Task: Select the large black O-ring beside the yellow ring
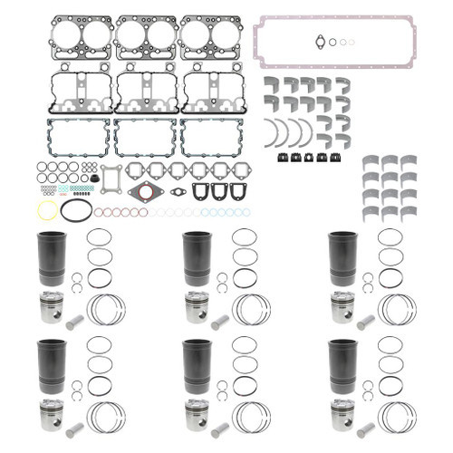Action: point(76,211)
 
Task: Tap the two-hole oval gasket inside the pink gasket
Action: point(315,38)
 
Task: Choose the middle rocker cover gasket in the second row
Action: point(145,91)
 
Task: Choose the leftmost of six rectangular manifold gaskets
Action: point(134,169)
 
